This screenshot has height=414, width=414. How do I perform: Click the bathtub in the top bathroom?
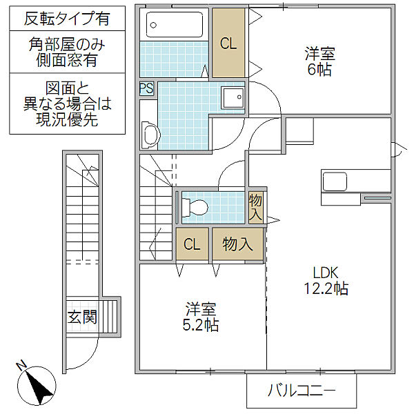tap(174, 26)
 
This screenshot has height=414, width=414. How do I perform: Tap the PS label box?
tap(147, 89)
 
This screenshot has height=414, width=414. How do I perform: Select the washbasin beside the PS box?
tap(148, 134)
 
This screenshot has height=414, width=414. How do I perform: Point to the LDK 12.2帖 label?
tap(322, 279)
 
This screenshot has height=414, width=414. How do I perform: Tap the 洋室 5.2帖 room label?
tap(201, 316)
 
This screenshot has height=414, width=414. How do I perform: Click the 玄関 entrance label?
tap(82, 317)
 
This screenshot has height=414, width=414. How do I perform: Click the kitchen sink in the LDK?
tap(336, 182)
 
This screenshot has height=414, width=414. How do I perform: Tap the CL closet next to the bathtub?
tap(228, 43)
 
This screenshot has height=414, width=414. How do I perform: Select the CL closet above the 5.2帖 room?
tap(192, 244)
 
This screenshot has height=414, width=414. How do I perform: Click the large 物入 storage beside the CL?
tap(237, 244)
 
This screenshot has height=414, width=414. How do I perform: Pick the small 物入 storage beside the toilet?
tap(256, 207)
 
